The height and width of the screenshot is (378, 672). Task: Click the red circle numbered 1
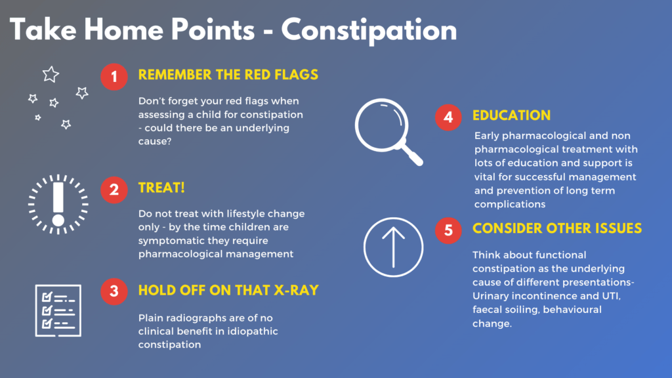114,77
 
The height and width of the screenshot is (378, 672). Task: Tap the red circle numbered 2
114,190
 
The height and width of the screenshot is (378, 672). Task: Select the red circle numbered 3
114,291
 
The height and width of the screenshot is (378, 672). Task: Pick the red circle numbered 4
448,117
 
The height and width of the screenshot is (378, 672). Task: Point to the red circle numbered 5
448,230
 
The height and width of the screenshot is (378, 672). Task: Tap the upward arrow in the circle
394,247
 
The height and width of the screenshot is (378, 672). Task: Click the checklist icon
58,310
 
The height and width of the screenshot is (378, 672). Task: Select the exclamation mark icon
58,204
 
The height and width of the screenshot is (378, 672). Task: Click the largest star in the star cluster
51,75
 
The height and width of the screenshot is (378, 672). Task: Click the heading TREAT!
161,188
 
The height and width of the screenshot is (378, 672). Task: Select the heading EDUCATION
511,115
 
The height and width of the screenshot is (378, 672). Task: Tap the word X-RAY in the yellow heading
296,290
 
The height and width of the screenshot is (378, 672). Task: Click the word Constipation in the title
369,31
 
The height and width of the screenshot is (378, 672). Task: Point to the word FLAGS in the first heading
296,75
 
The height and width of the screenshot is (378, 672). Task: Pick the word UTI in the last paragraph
611,296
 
